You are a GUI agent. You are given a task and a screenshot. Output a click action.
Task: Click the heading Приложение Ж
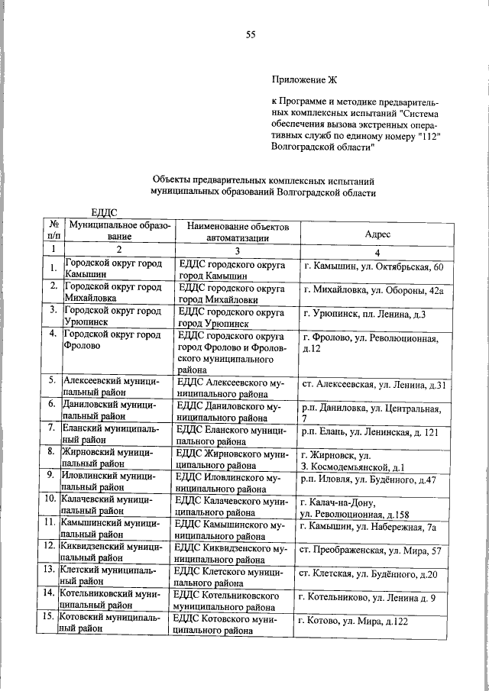click(304, 79)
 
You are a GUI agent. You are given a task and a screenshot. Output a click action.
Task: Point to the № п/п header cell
click(53, 231)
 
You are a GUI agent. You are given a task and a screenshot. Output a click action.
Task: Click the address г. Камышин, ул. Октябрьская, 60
click(372, 267)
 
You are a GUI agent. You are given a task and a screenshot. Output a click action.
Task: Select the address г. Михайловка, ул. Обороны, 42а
click(373, 291)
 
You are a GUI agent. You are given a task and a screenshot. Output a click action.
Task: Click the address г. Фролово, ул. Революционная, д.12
click(370, 344)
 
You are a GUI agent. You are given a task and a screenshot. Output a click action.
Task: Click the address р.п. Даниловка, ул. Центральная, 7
click(370, 413)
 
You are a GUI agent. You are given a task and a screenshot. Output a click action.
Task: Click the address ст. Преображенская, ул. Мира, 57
click(369, 551)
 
